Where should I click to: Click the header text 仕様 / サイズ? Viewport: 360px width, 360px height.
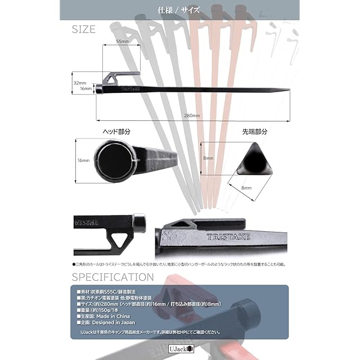click(179, 10)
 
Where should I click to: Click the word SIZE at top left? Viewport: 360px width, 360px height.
click(84, 29)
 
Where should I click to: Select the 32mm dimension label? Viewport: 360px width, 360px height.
click(80, 82)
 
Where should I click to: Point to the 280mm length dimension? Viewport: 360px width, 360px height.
click(192, 115)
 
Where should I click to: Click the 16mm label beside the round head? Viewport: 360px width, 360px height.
click(83, 160)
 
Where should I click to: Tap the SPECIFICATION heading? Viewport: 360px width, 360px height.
click(112, 277)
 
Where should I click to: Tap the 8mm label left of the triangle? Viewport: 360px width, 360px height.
click(208, 159)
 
